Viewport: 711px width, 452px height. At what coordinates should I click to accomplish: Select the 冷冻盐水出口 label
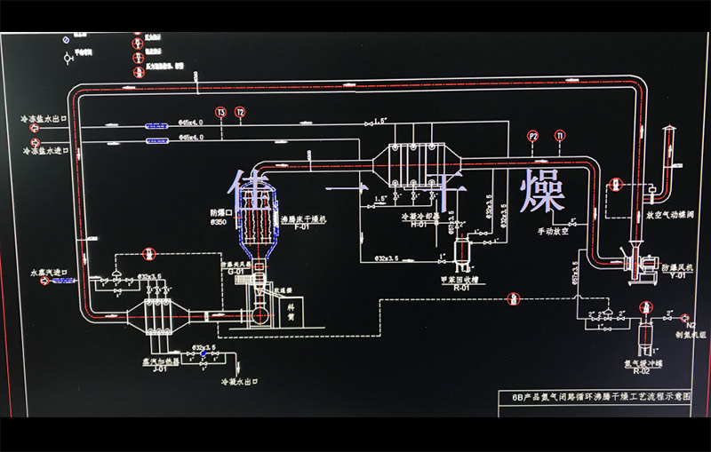click(51, 117)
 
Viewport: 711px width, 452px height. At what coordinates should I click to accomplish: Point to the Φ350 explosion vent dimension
click(218, 222)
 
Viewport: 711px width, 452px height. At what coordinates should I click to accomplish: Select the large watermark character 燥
click(542, 189)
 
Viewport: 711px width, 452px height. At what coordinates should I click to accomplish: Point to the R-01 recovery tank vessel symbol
click(461, 253)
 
